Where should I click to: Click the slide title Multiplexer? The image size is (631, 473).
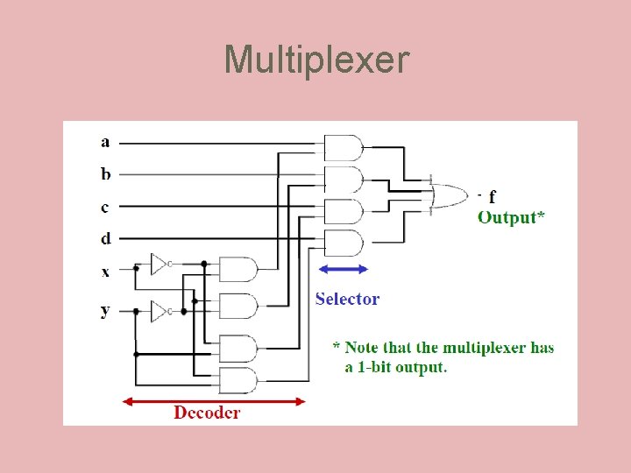click(x=315, y=60)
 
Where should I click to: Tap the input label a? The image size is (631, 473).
click(x=105, y=142)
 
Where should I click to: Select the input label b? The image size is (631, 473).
click(x=105, y=173)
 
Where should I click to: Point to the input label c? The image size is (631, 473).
click(x=105, y=207)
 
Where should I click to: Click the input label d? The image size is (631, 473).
click(x=105, y=237)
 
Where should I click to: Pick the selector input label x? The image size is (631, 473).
click(x=105, y=272)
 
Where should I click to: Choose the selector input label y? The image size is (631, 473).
click(x=105, y=310)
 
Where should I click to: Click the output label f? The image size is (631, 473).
click(x=492, y=197)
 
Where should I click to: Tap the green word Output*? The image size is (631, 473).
click(x=511, y=217)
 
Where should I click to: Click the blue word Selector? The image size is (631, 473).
click(x=347, y=299)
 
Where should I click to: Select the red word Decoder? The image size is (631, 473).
click(x=207, y=412)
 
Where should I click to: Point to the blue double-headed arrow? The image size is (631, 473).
click(x=343, y=269)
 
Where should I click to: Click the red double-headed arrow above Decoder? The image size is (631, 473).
click(x=214, y=401)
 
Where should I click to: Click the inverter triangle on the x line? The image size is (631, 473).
click(x=159, y=263)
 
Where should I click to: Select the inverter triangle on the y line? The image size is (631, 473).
click(x=159, y=310)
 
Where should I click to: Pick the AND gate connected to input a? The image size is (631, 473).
click(x=343, y=147)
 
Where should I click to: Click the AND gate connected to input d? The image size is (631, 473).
click(x=343, y=243)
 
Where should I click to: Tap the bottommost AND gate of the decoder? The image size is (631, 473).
click(x=238, y=380)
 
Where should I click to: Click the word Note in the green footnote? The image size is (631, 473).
click(x=361, y=348)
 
